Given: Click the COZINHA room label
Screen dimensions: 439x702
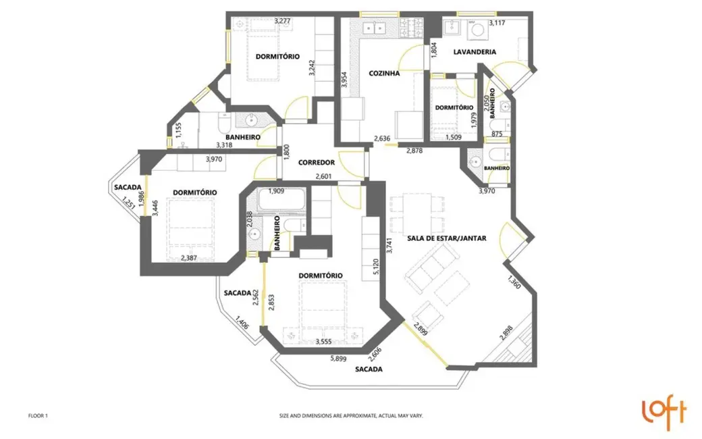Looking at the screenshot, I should point(384,74).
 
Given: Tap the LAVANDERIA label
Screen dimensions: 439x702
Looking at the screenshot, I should point(475,52).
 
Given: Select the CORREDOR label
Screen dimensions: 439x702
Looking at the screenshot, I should point(316,163).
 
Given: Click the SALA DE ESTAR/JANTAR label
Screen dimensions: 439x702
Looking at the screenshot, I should point(447,238).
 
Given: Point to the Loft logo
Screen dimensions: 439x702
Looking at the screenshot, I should point(664,413).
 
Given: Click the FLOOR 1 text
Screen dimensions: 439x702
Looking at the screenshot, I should point(38,416).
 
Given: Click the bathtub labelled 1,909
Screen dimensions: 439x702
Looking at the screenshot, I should point(275,201).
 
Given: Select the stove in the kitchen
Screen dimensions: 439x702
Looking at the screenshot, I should point(411,28).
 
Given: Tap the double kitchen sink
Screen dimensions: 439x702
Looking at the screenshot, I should point(373,28).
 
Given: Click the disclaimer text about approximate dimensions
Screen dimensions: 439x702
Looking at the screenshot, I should point(351,416).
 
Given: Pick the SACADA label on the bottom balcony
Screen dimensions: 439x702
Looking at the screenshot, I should point(369,369).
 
